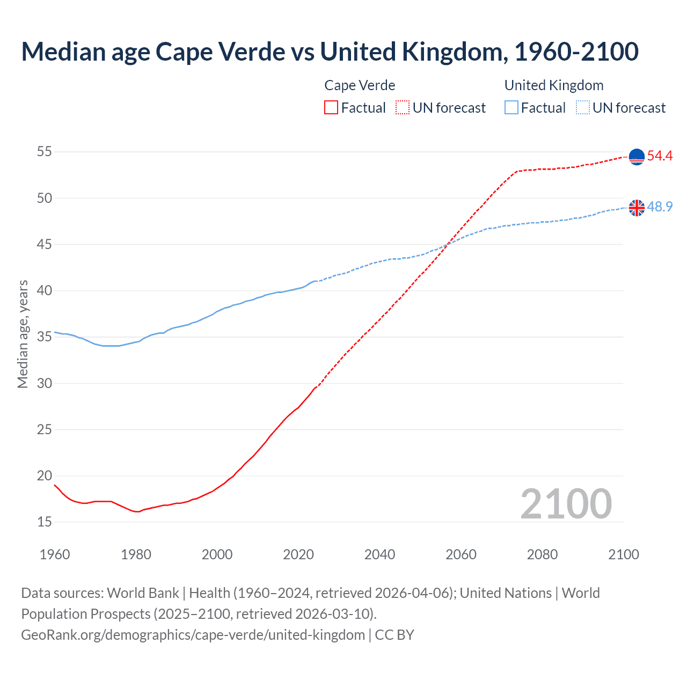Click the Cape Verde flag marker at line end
637,157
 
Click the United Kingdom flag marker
637,208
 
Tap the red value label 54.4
660,156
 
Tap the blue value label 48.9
660,207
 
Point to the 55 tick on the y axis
45,152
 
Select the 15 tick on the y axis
45,522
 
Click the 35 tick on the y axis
45,337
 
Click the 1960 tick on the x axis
55,554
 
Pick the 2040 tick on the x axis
379,554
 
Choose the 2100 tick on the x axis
623,554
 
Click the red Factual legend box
331,108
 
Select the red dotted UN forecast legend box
403,108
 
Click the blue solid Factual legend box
511,108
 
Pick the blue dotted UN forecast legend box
582,108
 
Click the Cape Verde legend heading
360,85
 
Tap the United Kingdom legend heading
553,85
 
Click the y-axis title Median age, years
23,334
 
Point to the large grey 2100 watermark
566,504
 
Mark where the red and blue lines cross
447,245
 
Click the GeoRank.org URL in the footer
193,635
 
